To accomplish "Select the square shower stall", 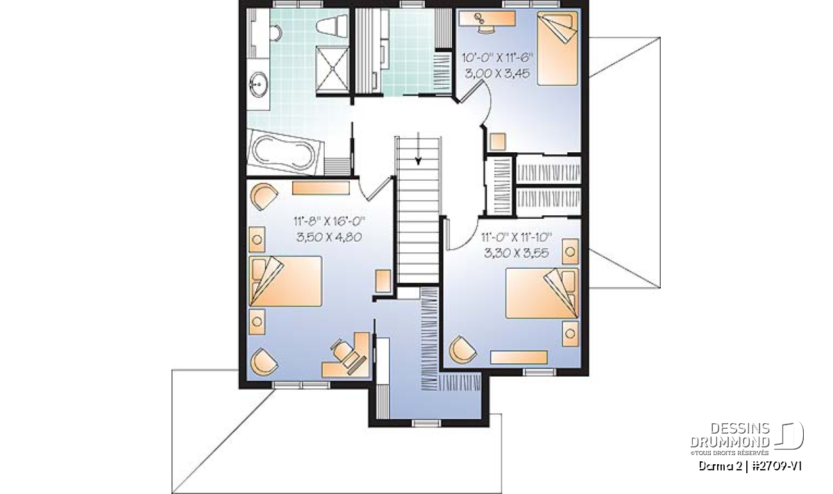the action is tap(332, 69).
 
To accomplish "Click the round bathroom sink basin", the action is tap(258, 84).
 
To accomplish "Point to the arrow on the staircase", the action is tap(419, 148).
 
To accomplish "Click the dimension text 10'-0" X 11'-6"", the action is tap(498, 58).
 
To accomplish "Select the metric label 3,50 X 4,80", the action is tap(329, 237).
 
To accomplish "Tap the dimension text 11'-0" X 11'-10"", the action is tap(516, 237).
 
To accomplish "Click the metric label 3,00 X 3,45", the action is tap(498, 74).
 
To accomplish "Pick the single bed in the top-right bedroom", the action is tap(557, 49).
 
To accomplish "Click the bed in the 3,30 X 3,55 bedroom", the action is tap(542, 293).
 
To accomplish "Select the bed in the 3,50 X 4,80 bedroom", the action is tap(285, 281).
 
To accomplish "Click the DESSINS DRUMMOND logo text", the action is tap(730, 435).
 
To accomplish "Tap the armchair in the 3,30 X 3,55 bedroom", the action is tap(462, 349).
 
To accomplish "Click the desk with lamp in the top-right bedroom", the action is tap(487, 19).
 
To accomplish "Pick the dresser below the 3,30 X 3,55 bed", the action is tap(519, 357).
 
